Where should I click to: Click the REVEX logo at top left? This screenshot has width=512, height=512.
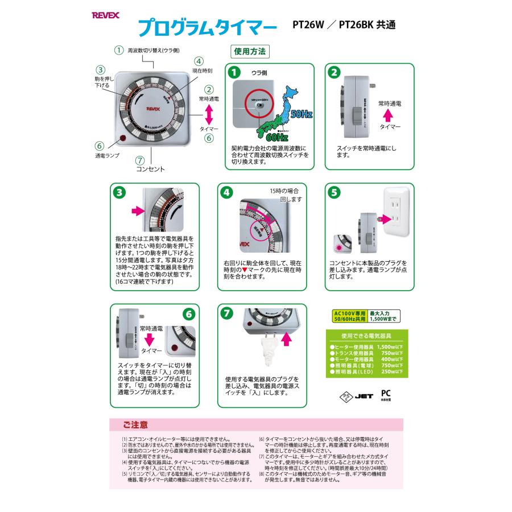[108, 18]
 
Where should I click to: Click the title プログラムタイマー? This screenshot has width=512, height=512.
[208, 27]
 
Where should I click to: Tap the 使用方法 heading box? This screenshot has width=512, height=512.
[250, 51]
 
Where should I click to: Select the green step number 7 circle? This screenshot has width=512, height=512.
[227, 313]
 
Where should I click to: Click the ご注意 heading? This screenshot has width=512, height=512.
[134, 424]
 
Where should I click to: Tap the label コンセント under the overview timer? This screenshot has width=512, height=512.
[150, 169]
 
